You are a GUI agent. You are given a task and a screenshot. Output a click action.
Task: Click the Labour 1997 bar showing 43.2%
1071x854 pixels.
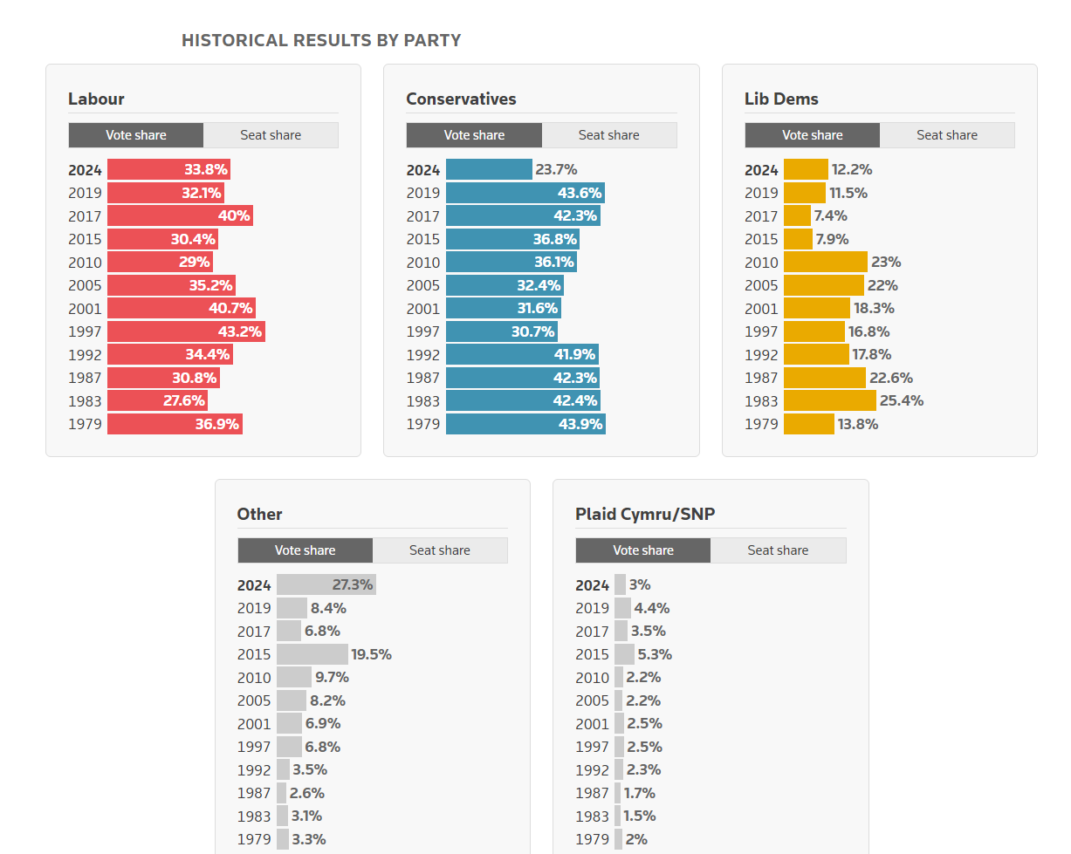186,331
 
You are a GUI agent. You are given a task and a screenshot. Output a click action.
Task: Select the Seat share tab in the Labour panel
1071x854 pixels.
271,135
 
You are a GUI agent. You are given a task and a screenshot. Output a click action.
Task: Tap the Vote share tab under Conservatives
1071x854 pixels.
474,135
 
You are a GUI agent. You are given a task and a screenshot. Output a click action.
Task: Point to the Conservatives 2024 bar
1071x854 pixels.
489,169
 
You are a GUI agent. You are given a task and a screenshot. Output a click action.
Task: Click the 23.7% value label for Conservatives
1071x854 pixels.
556,169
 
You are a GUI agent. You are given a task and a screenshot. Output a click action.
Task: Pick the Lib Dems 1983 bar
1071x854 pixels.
829,400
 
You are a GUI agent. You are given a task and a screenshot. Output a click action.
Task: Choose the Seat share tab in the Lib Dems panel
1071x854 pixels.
947,135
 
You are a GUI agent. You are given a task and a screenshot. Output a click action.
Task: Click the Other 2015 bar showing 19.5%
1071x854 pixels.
312,654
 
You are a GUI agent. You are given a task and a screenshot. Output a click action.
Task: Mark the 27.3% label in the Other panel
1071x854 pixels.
353,584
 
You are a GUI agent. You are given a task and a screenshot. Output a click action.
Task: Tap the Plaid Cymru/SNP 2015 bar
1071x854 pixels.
624,654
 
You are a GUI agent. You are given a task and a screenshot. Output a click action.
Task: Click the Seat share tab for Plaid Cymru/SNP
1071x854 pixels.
778,550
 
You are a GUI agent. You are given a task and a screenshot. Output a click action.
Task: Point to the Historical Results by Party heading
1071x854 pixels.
321,40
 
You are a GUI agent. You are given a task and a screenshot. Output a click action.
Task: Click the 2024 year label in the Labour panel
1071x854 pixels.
85,170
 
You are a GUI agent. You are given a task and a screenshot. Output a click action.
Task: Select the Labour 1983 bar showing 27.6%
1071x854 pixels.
157,400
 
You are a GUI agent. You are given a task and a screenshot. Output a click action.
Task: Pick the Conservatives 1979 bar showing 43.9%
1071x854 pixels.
525,424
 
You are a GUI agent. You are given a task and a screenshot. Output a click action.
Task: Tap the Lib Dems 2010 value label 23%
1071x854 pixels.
886,262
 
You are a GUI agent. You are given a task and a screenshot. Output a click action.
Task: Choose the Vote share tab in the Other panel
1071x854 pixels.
305,550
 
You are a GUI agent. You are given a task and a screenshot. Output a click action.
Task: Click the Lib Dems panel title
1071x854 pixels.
781,99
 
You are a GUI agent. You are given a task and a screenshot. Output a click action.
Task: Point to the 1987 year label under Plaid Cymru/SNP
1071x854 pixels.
592,793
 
